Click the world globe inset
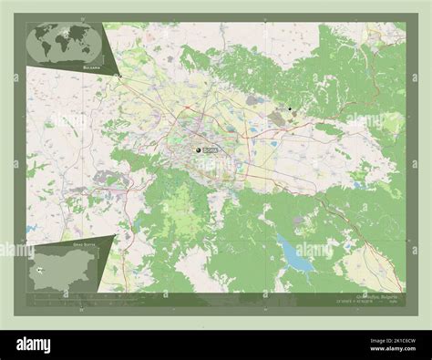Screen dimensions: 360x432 click(x=65, y=44)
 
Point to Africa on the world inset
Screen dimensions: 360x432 click(x=64, y=44)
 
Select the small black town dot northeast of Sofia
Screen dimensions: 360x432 click(x=290, y=109)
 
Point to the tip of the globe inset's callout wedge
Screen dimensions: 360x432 click(x=119, y=76)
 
